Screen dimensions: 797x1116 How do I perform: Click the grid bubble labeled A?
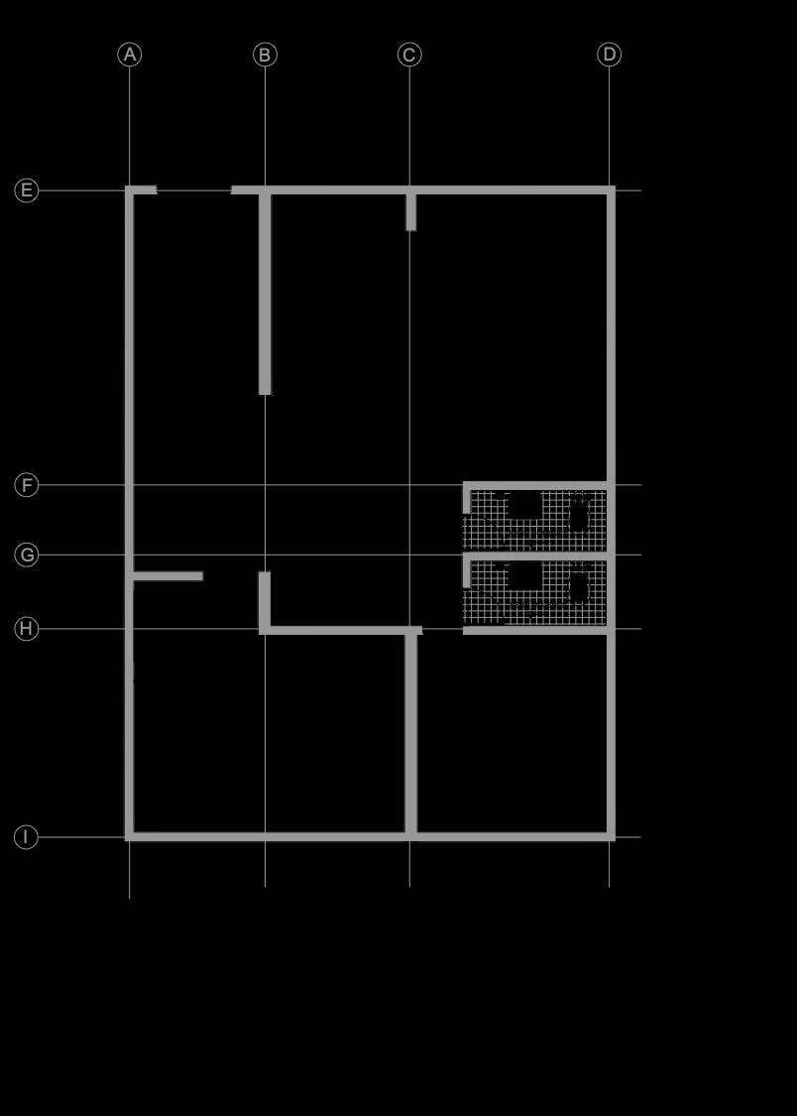click(x=130, y=55)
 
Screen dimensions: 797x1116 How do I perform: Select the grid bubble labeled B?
click(x=265, y=55)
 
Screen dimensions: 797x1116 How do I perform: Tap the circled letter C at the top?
click(x=409, y=55)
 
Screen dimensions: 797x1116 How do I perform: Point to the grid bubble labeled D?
click(x=610, y=55)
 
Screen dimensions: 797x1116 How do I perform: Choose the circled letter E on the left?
click(x=27, y=190)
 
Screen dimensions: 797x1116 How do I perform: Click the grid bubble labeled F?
click(x=27, y=485)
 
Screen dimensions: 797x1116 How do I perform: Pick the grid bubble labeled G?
click(x=27, y=555)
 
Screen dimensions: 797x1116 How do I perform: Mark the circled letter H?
click(x=27, y=629)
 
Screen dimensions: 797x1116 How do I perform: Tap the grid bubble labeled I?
click(x=27, y=837)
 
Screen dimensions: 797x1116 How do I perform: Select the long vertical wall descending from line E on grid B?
click(x=265, y=294)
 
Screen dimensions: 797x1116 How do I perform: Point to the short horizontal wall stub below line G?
click(x=168, y=575)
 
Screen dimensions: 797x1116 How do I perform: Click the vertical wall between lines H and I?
click(x=410, y=734)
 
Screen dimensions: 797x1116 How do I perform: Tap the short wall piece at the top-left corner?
click(x=143, y=189)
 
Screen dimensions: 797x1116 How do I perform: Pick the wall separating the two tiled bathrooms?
click(x=536, y=556)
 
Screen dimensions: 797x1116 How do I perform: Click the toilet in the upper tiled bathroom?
click(x=579, y=515)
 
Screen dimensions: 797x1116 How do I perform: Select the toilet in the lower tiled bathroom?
click(x=579, y=587)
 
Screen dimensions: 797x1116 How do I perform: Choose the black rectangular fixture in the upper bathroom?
click(x=524, y=506)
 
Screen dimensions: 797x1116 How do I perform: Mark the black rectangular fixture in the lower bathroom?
click(x=524, y=576)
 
